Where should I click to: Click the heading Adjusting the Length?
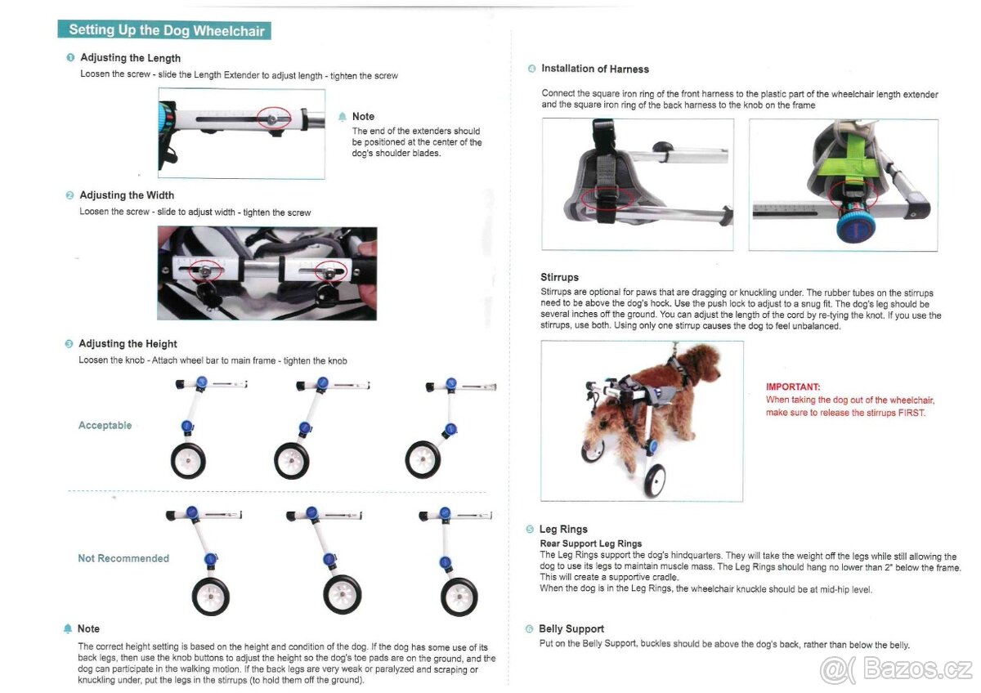click(x=130, y=58)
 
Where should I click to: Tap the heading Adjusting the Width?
click(x=127, y=195)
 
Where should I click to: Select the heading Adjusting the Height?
click(x=128, y=344)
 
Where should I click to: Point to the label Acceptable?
click(x=105, y=426)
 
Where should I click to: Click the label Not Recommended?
click(x=123, y=558)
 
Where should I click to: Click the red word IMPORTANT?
click(x=793, y=387)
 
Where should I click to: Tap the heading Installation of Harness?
click(x=594, y=69)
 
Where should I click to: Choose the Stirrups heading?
click(x=559, y=278)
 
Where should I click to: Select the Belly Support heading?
click(x=571, y=629)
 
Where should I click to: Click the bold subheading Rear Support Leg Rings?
click(x=590, y=543)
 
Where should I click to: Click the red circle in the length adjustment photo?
click(x=273, y=117)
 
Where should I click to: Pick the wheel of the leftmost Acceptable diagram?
click(x=188, y=461)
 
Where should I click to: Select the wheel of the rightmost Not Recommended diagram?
click(x=459, y=597)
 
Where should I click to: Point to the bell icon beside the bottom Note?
click(x=67, y=628)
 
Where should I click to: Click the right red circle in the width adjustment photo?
click(x=330, y=270)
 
